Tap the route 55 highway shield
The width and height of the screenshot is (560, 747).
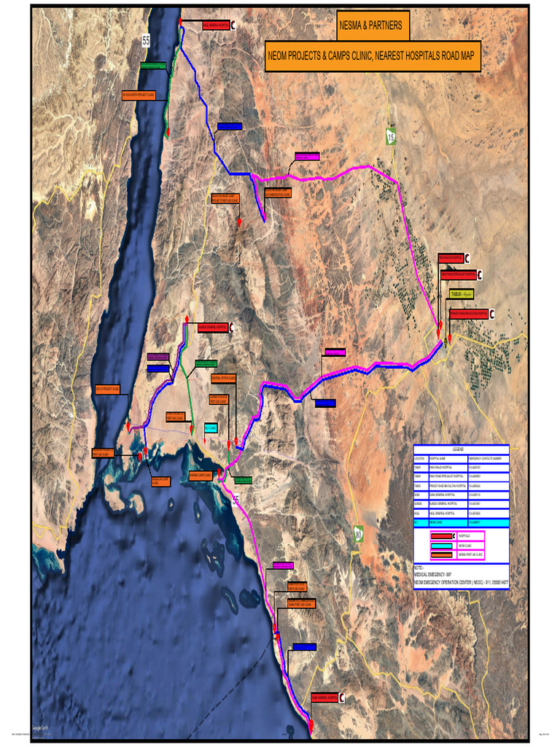(146, 42)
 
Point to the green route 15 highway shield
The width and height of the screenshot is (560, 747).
(391, 136)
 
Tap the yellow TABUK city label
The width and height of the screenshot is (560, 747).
(462, 294)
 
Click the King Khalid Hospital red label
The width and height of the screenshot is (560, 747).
(450, 258)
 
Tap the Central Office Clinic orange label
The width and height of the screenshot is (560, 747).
(223, 379)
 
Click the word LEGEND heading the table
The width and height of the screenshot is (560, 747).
(457, 450)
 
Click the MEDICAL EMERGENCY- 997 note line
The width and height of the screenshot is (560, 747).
(435, 574)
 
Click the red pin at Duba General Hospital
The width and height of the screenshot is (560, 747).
(311, 724)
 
